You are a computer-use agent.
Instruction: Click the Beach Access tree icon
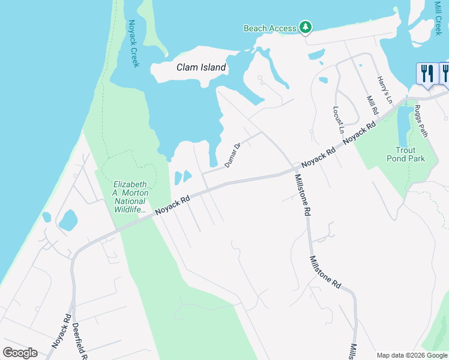click(306, 27)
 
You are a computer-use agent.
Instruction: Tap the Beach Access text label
click(270, 28)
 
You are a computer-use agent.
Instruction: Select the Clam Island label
click(201, 68)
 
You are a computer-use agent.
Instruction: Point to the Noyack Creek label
click(133, 44)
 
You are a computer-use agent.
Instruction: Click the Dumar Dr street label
click(232, 155)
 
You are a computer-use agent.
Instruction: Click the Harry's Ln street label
click(384, 89)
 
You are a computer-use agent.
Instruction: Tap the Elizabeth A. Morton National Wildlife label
click(130, 197)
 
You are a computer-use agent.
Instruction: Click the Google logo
click(20, 353)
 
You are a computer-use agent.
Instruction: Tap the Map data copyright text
click(412, 355)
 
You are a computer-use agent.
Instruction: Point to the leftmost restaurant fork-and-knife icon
click(426, 73)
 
